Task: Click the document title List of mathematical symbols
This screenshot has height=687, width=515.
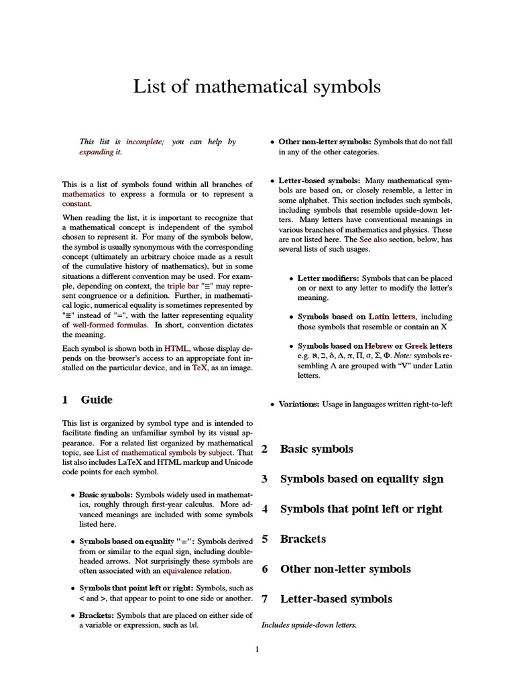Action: pyautogui.click(x=257, y=87)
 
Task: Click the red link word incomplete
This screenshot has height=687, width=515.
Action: pyautogui.click(x=144, y=142)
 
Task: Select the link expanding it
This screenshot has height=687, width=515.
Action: pyautogui.click(x=100, y=152)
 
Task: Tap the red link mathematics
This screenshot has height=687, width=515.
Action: pyautogui.click(x=84, y=194)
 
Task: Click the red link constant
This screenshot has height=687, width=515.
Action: pyautogui.click(x=76, y=203)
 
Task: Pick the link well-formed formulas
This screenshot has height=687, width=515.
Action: pyautogui.click(x=106, y=324)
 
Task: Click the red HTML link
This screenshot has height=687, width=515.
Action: pyautogui.click(x=176, y=349)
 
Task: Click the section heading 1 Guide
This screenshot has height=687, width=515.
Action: pyautogui.click(x=88, y=400)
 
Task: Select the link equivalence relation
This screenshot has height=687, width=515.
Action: pyautogui.click(x=196, y=571)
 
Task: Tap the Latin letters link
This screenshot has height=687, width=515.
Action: pyautogui.click(x=392, y=317)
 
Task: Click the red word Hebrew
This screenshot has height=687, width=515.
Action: pyautogui.click(x=378, y=346)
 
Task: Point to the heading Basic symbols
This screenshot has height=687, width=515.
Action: pyautogui.click(x=316, y=449)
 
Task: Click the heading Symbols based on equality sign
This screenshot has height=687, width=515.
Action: pyautogui.click(x=361, y=479)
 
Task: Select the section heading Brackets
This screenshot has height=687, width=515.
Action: pyautogui.click(x=302, y=539)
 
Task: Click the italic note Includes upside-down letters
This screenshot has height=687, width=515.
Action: pyautogui.click(x=309, y=625)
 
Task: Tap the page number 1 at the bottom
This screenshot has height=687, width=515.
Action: pyautogui.click(x=257, y=649)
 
